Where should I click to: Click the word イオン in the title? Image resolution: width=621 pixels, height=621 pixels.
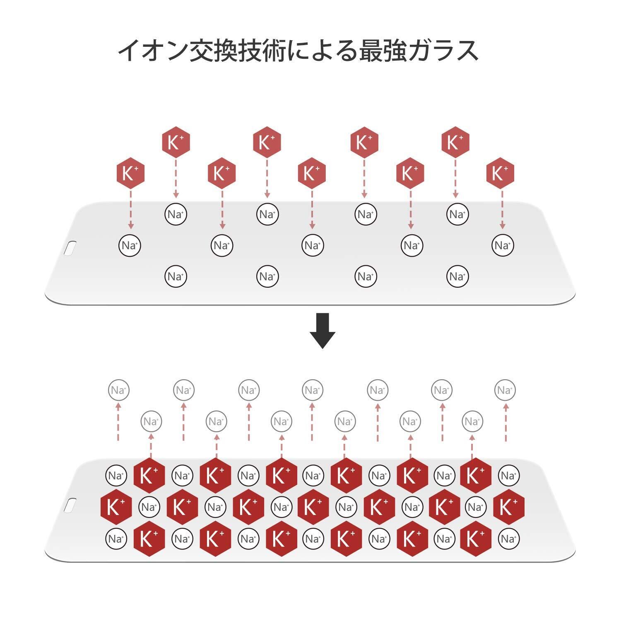pos(152,51)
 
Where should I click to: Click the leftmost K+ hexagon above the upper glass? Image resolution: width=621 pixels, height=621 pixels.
pos(130,173)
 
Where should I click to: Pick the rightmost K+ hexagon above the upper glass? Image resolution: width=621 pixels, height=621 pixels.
pos(500,173)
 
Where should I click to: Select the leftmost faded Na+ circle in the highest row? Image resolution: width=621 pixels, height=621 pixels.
pos(118,390)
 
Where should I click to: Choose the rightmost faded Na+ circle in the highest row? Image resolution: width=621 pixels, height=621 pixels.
pos(505,390)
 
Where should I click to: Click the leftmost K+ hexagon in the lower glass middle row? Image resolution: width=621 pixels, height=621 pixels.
pos(116,507)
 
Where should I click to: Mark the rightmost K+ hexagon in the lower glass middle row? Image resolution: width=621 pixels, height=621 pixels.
pos(509,507)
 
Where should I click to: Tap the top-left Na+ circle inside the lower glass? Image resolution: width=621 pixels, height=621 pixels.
pos(116,475)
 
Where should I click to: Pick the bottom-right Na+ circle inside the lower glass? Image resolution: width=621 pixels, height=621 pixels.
pos(508,539)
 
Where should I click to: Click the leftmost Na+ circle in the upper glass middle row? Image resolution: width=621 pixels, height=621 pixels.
pos(130,246)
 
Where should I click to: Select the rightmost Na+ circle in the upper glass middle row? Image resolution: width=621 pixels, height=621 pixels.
pos(503,246)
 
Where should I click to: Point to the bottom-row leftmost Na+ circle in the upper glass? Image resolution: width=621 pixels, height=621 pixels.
pos(176,276)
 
